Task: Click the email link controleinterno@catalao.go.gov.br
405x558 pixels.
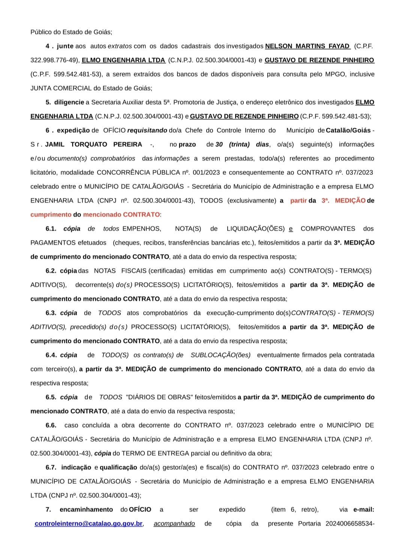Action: point(88,524)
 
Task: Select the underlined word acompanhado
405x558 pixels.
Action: point(174,524)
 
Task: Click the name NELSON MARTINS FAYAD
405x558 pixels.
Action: point(307,46)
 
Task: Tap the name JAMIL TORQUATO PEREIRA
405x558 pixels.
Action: point(94,145)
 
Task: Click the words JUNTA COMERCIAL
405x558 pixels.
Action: point(61,88)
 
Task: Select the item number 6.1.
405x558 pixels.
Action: point(51,229)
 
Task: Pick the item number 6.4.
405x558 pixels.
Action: point(51,355)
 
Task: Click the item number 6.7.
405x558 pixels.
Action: point(51,467)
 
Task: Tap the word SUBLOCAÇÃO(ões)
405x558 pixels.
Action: point(220,355)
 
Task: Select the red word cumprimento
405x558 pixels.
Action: point(51,215)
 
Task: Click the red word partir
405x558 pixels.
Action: point(298,201)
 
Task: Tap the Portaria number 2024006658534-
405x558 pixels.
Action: point(350,524)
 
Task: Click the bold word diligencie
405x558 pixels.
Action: point(69,102)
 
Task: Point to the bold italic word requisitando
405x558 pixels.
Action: point(147,130)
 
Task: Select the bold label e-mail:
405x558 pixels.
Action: point(363,510)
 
